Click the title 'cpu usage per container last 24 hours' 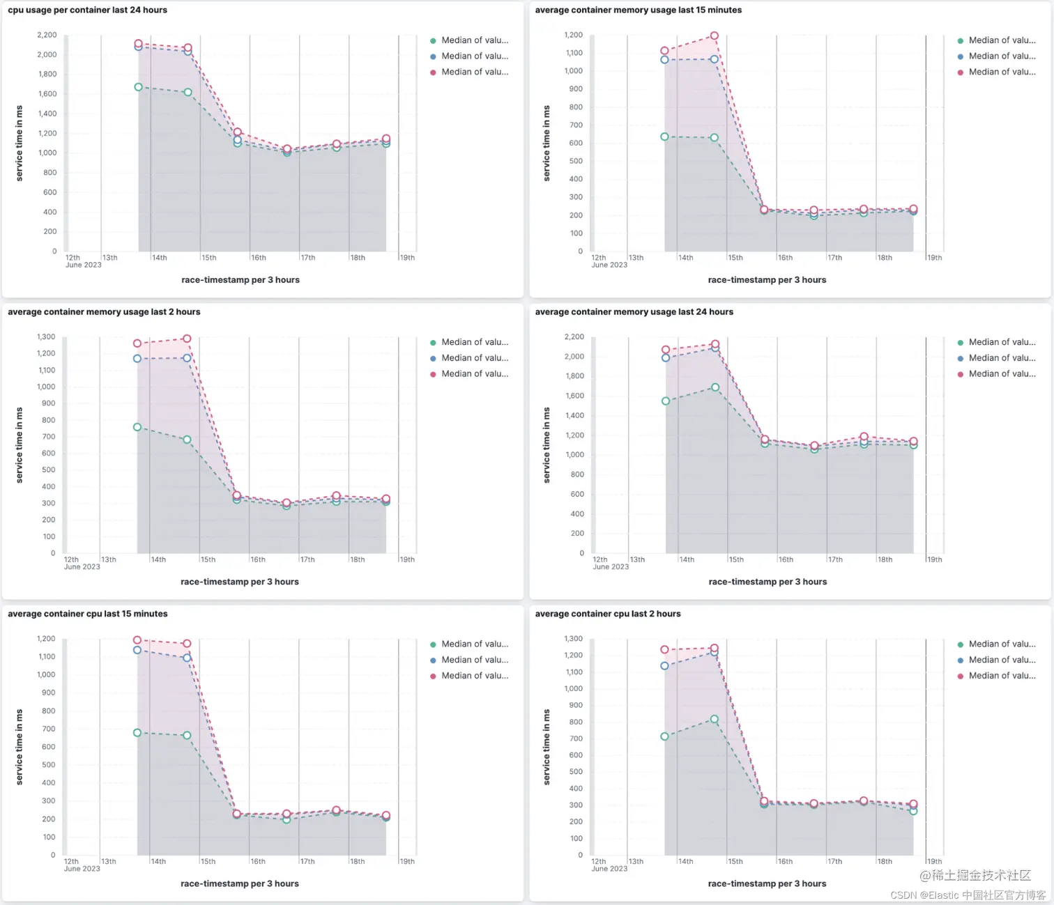point(88,10)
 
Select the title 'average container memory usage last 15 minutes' point(638,10)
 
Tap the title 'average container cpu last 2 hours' point(607,614)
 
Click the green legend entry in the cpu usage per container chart point(474,40)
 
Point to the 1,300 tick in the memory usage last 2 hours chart point(46,337)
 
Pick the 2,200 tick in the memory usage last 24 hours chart point(574,337)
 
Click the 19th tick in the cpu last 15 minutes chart point(407,862)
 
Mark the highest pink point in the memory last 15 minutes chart point(714,36)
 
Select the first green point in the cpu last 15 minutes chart point(137,733)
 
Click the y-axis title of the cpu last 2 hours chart point(547,747)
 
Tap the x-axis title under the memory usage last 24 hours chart point(767,582)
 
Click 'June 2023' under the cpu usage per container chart point(83,265)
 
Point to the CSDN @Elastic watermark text point(968,895)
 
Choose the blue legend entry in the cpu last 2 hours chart point(1001,660)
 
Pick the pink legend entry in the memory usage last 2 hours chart point(474,374)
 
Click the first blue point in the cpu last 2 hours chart point(664,666)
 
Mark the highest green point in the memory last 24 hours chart point(715,387)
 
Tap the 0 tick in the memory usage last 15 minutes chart point(580,252)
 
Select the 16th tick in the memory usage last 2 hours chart point(258,560)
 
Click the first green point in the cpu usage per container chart point(138,87)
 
